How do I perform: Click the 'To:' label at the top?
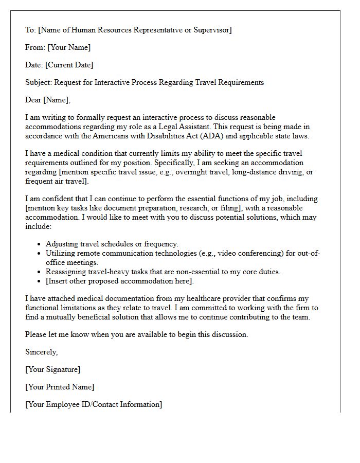30,30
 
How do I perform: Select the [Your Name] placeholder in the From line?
69,47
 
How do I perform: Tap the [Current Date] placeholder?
69,65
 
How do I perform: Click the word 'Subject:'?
39,82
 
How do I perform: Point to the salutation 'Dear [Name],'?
48,100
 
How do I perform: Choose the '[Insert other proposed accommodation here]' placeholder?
119,281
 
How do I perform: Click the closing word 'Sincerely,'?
42,352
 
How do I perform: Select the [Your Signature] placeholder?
53,369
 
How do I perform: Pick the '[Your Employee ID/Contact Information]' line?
94,404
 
